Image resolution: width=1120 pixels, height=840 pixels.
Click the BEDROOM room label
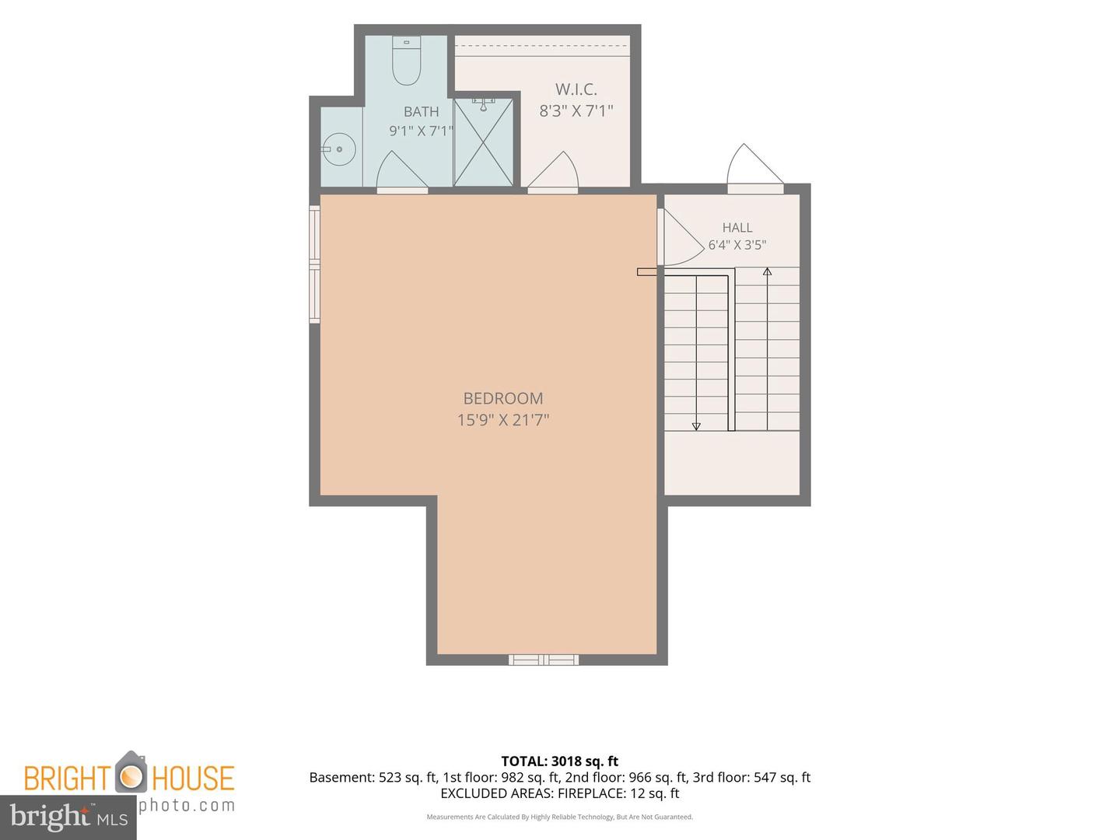pos(502,398)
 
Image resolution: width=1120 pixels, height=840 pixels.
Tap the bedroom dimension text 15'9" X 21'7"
pos(502,420)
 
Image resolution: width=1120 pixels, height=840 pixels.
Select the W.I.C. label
pos(576,89)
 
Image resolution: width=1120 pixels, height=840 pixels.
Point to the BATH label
pos(421,111)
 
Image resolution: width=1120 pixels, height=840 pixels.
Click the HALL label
pos(737,227)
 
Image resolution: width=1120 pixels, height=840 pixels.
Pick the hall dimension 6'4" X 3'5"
pos(737,245)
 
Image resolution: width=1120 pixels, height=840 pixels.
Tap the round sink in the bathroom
pos(339,149)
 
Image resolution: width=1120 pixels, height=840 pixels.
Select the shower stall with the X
pos(483,142)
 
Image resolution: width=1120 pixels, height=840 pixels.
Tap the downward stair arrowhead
pos(696,426)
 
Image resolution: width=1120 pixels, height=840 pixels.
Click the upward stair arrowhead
pos(767,272)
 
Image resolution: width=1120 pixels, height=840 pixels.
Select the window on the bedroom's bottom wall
pos(544,660)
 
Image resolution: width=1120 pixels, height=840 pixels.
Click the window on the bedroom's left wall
pos(314,264)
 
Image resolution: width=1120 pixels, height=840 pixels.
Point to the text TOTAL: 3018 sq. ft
pos(559,761)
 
